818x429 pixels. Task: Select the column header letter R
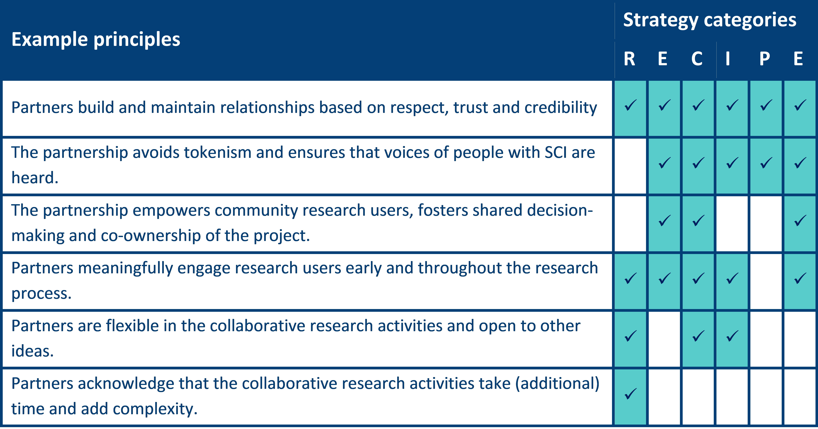click(629, 59)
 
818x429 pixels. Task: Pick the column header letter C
click(697, 59)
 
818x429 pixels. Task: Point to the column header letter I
click(727, 59)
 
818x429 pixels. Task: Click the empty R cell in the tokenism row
click(630, 166)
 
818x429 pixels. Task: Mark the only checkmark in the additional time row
click(630, 394)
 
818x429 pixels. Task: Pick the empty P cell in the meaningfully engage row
click(766, 282)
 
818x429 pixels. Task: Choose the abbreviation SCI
click(556, 153)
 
